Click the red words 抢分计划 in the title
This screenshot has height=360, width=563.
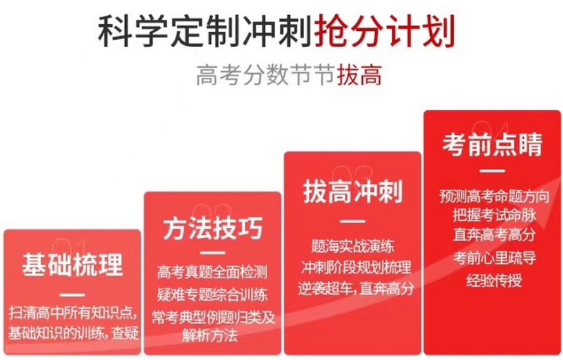(384, 31)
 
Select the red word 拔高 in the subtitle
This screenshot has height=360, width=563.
(359, 75)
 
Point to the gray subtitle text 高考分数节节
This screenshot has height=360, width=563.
(266, 75)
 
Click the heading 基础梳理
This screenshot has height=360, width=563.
(73, 265)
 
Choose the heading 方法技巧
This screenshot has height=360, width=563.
(213, 228)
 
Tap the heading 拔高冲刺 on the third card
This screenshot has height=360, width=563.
(353, 191)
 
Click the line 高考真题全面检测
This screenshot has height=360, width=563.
(212, 272)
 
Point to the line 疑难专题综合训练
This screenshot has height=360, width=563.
(212, 295)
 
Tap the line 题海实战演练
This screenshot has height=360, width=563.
(353, 246)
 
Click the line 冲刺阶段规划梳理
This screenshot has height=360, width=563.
(356, 268)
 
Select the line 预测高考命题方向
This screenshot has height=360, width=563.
(494, 196)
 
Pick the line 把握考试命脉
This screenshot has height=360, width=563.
(494, 215)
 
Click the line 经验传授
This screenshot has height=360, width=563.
(494, 280)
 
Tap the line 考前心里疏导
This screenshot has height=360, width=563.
(494, 258)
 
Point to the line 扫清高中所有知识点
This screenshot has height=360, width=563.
(73, 313)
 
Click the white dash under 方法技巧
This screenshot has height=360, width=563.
(212, 253)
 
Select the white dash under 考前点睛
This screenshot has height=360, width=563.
(492, 171)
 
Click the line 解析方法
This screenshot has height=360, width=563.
(209, 336)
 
